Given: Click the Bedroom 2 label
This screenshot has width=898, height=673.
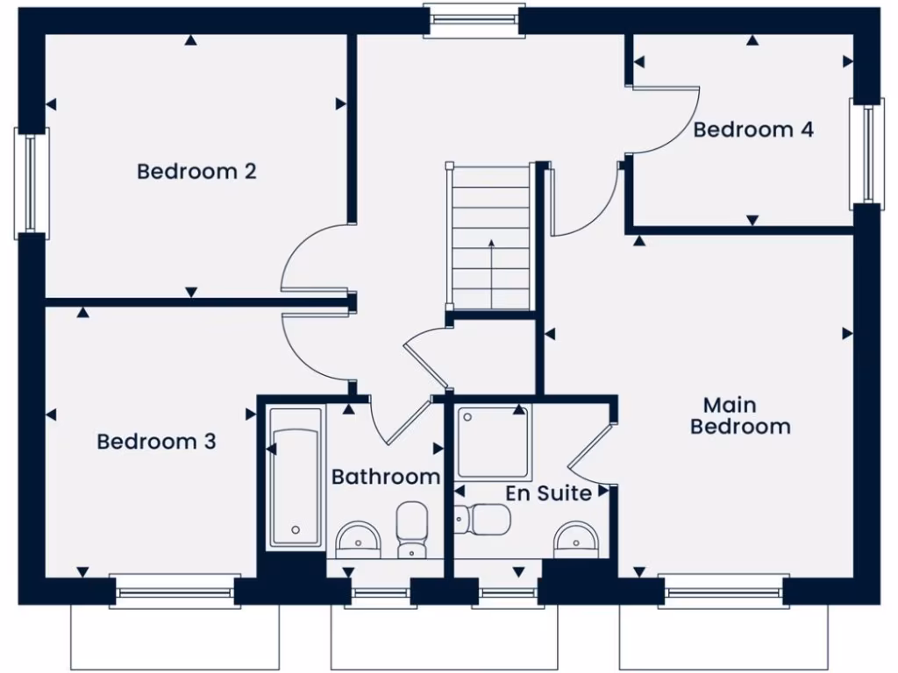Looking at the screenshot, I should pyautogui.click(x=196, y=171).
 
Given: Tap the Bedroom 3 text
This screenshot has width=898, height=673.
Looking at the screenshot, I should pyautogui.click(x=156, y=442).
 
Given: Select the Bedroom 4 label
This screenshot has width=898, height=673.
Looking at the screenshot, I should pyautogui.click(x=753, y=130).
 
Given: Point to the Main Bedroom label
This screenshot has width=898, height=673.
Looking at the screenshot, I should pyautogui.click(x=740, y=416).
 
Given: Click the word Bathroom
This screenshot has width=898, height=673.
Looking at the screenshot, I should pyautogui.click(x=385, y=477).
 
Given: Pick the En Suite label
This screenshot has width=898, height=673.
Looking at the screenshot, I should pyautogui.click(x=548, y=493).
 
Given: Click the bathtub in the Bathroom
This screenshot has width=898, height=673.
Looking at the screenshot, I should pyautogui.click(x=295, y=477).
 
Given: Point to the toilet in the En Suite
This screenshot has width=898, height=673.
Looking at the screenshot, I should pyautogui.click(x=482, y=520).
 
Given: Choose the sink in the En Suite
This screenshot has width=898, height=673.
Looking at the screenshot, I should pyautogui.click(x=577, y=539).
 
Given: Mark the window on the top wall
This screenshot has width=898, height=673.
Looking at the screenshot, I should pyautogui.click(x=474, y=21).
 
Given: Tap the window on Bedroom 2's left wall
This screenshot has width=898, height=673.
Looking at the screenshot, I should pyautogui.click(x=32, y=183).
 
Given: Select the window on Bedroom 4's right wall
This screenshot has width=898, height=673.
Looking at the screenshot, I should pyautogui.click(x=865, y=154).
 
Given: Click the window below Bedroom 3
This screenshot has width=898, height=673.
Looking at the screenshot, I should pyautogui.click(x=175, y=592).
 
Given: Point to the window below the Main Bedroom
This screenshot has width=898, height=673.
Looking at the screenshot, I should pyautogui.click(x=723, y=592).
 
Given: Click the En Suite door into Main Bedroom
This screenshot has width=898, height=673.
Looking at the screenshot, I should pyautogui.click(x=589, y=447).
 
